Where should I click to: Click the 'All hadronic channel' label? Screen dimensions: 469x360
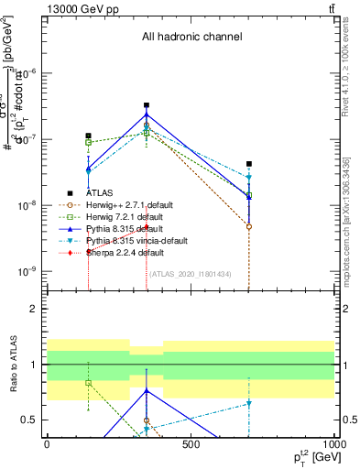pos(191,38)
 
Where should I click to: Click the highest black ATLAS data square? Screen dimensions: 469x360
pos(147,105)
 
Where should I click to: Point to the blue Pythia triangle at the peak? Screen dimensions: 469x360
pos(147,115)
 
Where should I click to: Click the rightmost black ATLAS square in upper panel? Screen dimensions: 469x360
pos(249,164)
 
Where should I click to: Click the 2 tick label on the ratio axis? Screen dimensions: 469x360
pos(34,310)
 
